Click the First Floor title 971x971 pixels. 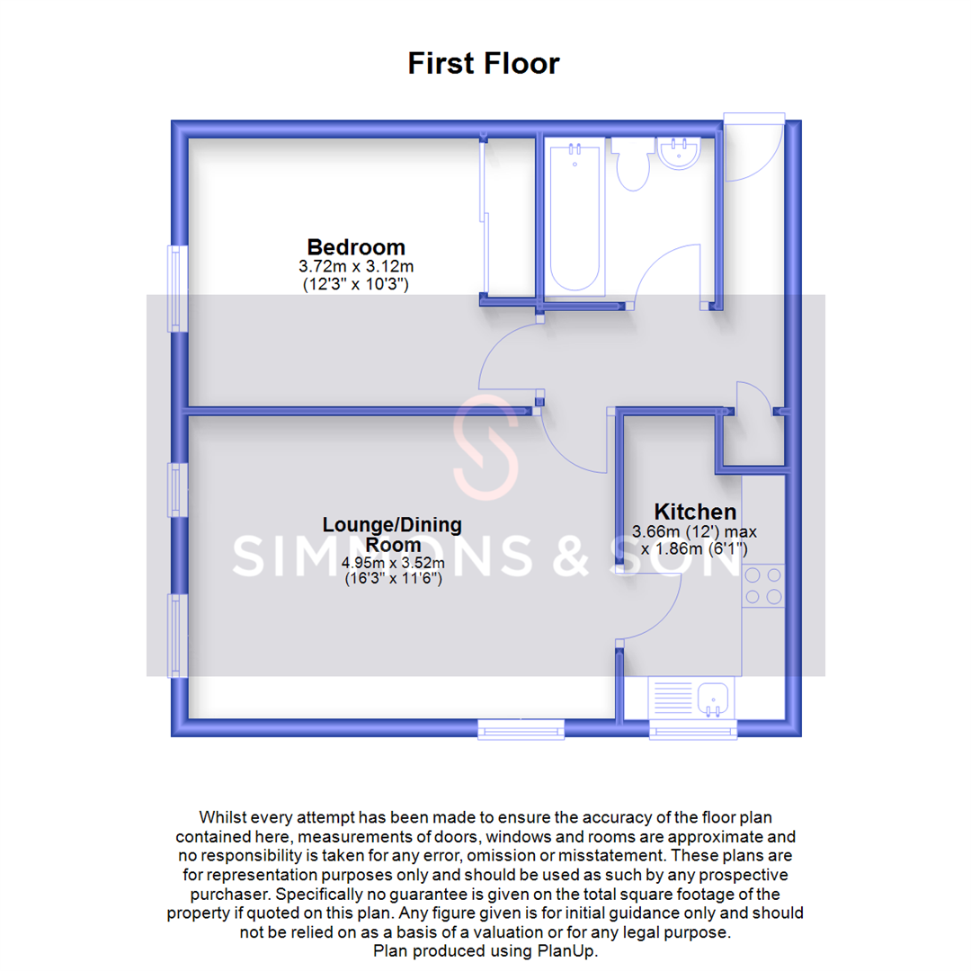484,64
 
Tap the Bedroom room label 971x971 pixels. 356,246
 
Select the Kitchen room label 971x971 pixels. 695,512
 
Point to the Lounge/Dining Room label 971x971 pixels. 393,534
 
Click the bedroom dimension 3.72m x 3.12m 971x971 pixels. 356,267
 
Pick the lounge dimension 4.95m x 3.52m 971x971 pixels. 393,564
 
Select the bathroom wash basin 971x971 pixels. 681,153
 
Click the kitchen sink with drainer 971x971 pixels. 692,699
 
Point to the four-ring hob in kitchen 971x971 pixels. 762,584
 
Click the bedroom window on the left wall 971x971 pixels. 176,289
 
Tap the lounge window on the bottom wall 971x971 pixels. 521,727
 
